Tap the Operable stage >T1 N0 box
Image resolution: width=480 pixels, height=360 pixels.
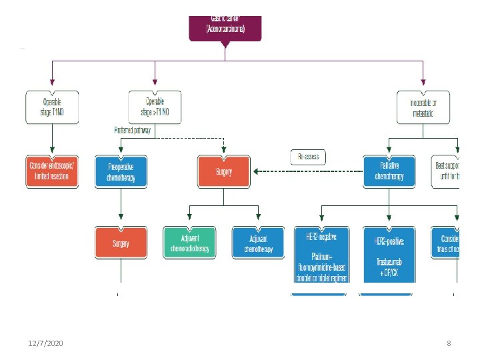tap(155, 107)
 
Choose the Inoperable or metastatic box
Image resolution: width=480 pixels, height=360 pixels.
tap(423, 107)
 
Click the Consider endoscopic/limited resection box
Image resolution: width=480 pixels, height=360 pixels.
tap(52, 172)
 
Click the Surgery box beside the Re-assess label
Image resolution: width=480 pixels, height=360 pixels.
tap(224, 172)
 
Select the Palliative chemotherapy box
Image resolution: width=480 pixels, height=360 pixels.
tap(389, 172)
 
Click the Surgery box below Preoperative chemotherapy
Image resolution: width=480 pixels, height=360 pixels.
tap(120, 243)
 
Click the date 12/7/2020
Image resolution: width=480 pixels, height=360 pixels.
tap(47, 343)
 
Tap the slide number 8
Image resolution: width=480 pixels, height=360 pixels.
tap(449, 343)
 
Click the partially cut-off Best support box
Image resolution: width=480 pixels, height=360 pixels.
tap(447, 172)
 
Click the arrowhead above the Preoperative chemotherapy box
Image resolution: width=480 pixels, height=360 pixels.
tap(120, 153)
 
